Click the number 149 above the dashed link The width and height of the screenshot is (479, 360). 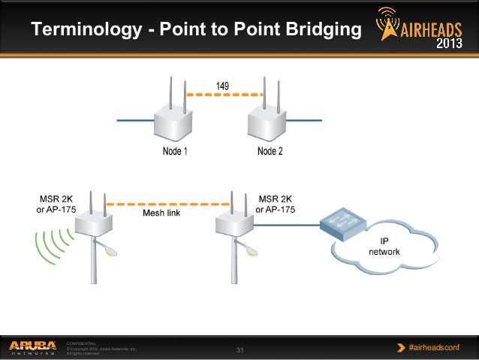223,86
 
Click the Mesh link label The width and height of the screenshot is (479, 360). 161,213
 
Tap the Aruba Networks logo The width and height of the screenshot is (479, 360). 32,346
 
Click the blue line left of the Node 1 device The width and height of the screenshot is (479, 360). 135,120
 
